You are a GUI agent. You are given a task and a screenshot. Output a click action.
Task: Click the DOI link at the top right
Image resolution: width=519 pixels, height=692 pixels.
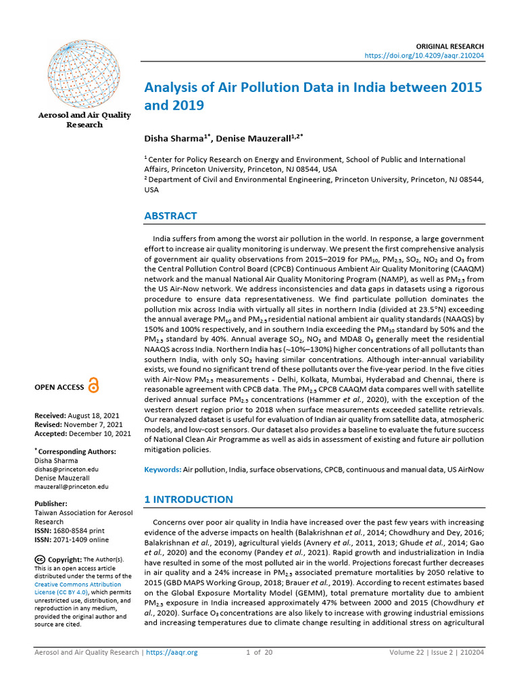tap(423, 55)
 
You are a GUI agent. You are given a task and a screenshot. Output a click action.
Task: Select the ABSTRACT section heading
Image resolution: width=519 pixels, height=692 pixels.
tap(171, 216)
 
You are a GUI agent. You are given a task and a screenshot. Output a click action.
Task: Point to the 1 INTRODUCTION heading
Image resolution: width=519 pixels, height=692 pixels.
tap(189, 499)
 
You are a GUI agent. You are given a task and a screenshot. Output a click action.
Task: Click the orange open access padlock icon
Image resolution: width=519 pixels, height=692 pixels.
tap(93, 387)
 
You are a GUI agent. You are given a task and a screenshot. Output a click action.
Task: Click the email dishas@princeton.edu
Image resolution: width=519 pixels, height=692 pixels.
tap(66, 468)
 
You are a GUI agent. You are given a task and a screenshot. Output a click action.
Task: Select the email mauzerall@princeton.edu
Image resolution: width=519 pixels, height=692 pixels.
tap(71, 486)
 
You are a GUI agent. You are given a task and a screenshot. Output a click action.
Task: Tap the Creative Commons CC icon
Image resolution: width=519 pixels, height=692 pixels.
tap(40, 559)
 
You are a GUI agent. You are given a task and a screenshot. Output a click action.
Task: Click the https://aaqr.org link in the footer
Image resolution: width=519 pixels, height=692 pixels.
tap(172, 652)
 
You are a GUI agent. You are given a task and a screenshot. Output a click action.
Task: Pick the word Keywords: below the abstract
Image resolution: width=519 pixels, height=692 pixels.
tap(163, 468)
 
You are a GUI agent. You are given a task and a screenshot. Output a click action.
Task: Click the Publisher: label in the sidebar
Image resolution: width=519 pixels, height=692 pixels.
tap(51, 503)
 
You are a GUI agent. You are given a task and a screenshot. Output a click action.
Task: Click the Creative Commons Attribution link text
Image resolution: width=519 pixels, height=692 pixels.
tap(78, 584)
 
